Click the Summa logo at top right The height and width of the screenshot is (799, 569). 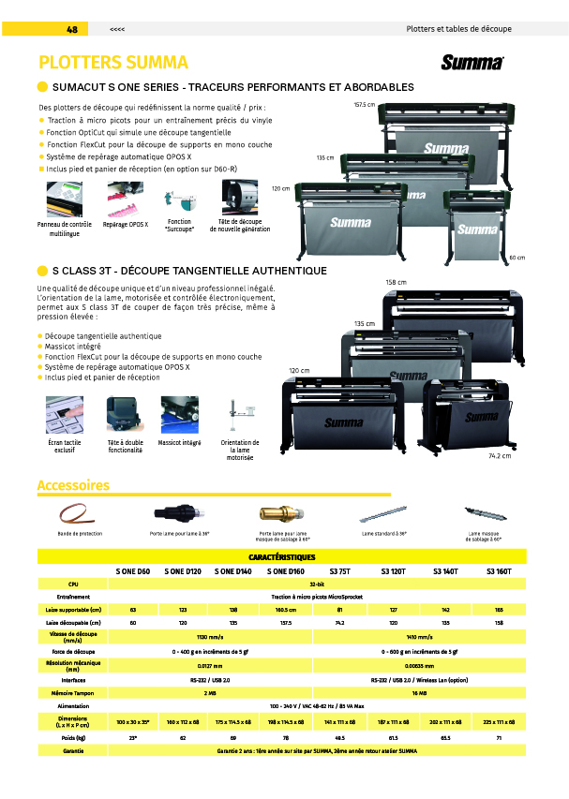472,63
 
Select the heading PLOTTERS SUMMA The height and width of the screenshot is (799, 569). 113,63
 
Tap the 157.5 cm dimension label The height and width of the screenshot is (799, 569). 365,104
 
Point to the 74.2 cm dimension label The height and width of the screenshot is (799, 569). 499,455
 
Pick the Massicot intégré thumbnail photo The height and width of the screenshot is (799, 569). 179,414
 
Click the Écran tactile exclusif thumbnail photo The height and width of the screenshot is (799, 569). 64,414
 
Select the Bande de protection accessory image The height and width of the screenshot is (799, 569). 79,515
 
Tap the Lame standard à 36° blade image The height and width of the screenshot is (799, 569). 383,514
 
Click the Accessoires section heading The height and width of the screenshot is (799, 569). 73,485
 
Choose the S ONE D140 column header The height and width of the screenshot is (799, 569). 232,570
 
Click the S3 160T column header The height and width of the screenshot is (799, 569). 499,570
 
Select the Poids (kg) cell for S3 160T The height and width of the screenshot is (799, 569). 499,737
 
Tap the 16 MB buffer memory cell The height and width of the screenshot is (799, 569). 413,693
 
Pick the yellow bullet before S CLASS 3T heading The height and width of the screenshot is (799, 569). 42,271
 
